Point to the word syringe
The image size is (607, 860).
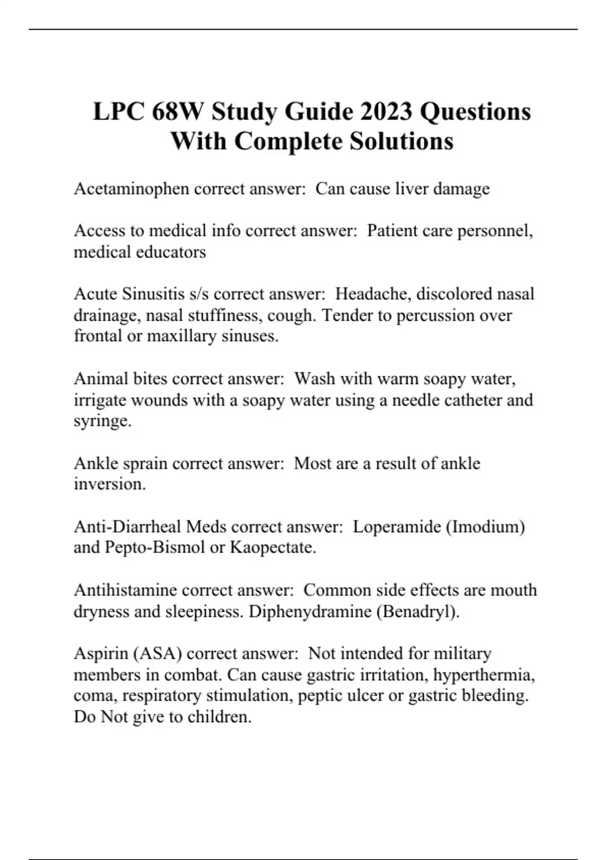pyautogui.click(x=102, y=421)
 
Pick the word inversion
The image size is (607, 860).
pyautogui.click(x=109, y=484)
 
